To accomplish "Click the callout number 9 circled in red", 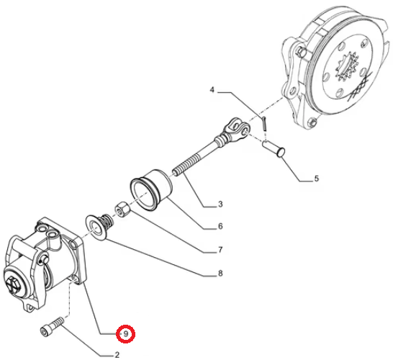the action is click(x=126, y=333).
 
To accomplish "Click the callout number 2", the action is click(x=117, y=355).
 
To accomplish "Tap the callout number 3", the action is click(x=220, y=204).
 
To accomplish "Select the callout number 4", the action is click(x=212, y=89).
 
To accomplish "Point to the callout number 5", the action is click(x=316, y=179).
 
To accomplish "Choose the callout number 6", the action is click(x=220, y=226).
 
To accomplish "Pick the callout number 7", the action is click(x=220, y=250).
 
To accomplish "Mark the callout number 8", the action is click(x=220, y=273).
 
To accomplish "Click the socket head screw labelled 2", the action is click(x=52, y=327).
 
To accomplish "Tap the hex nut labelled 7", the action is click(x=122, y=210).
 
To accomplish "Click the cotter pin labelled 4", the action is click(x=264, y=123).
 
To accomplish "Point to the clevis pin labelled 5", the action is click(x=274, y=149).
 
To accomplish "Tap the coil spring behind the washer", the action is click(x=107, y=220).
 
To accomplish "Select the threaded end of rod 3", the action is click(x=186, y=165).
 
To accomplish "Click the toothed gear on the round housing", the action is click(x=347, y=68).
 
